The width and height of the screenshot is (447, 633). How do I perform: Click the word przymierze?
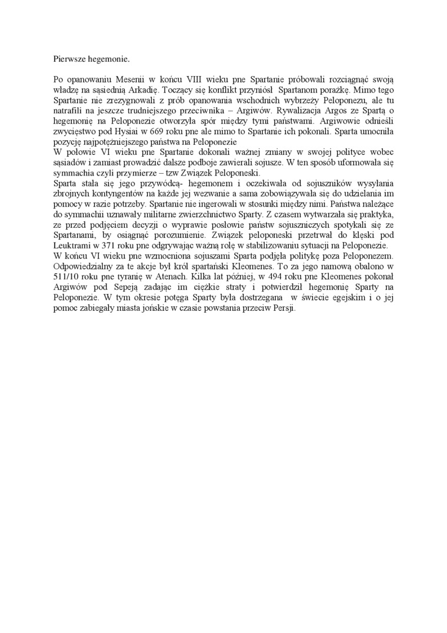pos(140,173)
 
